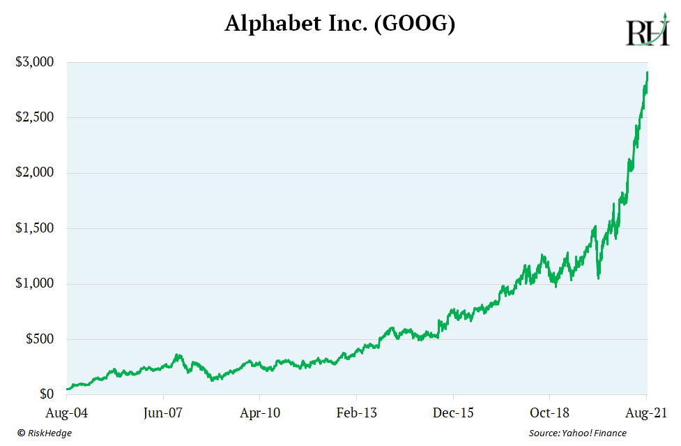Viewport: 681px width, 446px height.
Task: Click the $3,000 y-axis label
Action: [x=35, y=62]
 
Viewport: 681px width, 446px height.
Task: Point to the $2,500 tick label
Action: [x=35, y=117]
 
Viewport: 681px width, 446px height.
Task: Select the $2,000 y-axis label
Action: [x=35, y=173]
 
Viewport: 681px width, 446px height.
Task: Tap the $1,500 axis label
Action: [x=35, y=228]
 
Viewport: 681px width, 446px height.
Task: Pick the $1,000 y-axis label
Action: [x=35, y=284]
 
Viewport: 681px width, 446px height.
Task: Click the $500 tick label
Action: [x=40, y=339]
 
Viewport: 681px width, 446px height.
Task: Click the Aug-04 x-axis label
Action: [x=68, y=413]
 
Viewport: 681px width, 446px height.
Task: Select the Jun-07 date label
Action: [x=163, y=413]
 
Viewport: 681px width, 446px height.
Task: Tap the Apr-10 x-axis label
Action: [x=260, y=413]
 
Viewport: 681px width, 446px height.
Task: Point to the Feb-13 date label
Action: [x=356, y=413]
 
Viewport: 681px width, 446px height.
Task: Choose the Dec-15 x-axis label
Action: [x=453, y=413]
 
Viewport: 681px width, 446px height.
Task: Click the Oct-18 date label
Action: [x=549, y=413]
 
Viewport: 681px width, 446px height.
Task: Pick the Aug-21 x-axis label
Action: [x=646, y=413]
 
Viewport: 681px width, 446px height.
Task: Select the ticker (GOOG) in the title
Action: [x=415, y=25]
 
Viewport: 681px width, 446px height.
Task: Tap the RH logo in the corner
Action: [x=647, y=33]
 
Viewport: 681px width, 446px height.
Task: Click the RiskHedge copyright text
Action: [x=45, y=433]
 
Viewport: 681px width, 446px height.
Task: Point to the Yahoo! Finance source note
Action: [x=577, y=433]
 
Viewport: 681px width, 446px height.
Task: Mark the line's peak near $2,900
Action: [x=648, y=73]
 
